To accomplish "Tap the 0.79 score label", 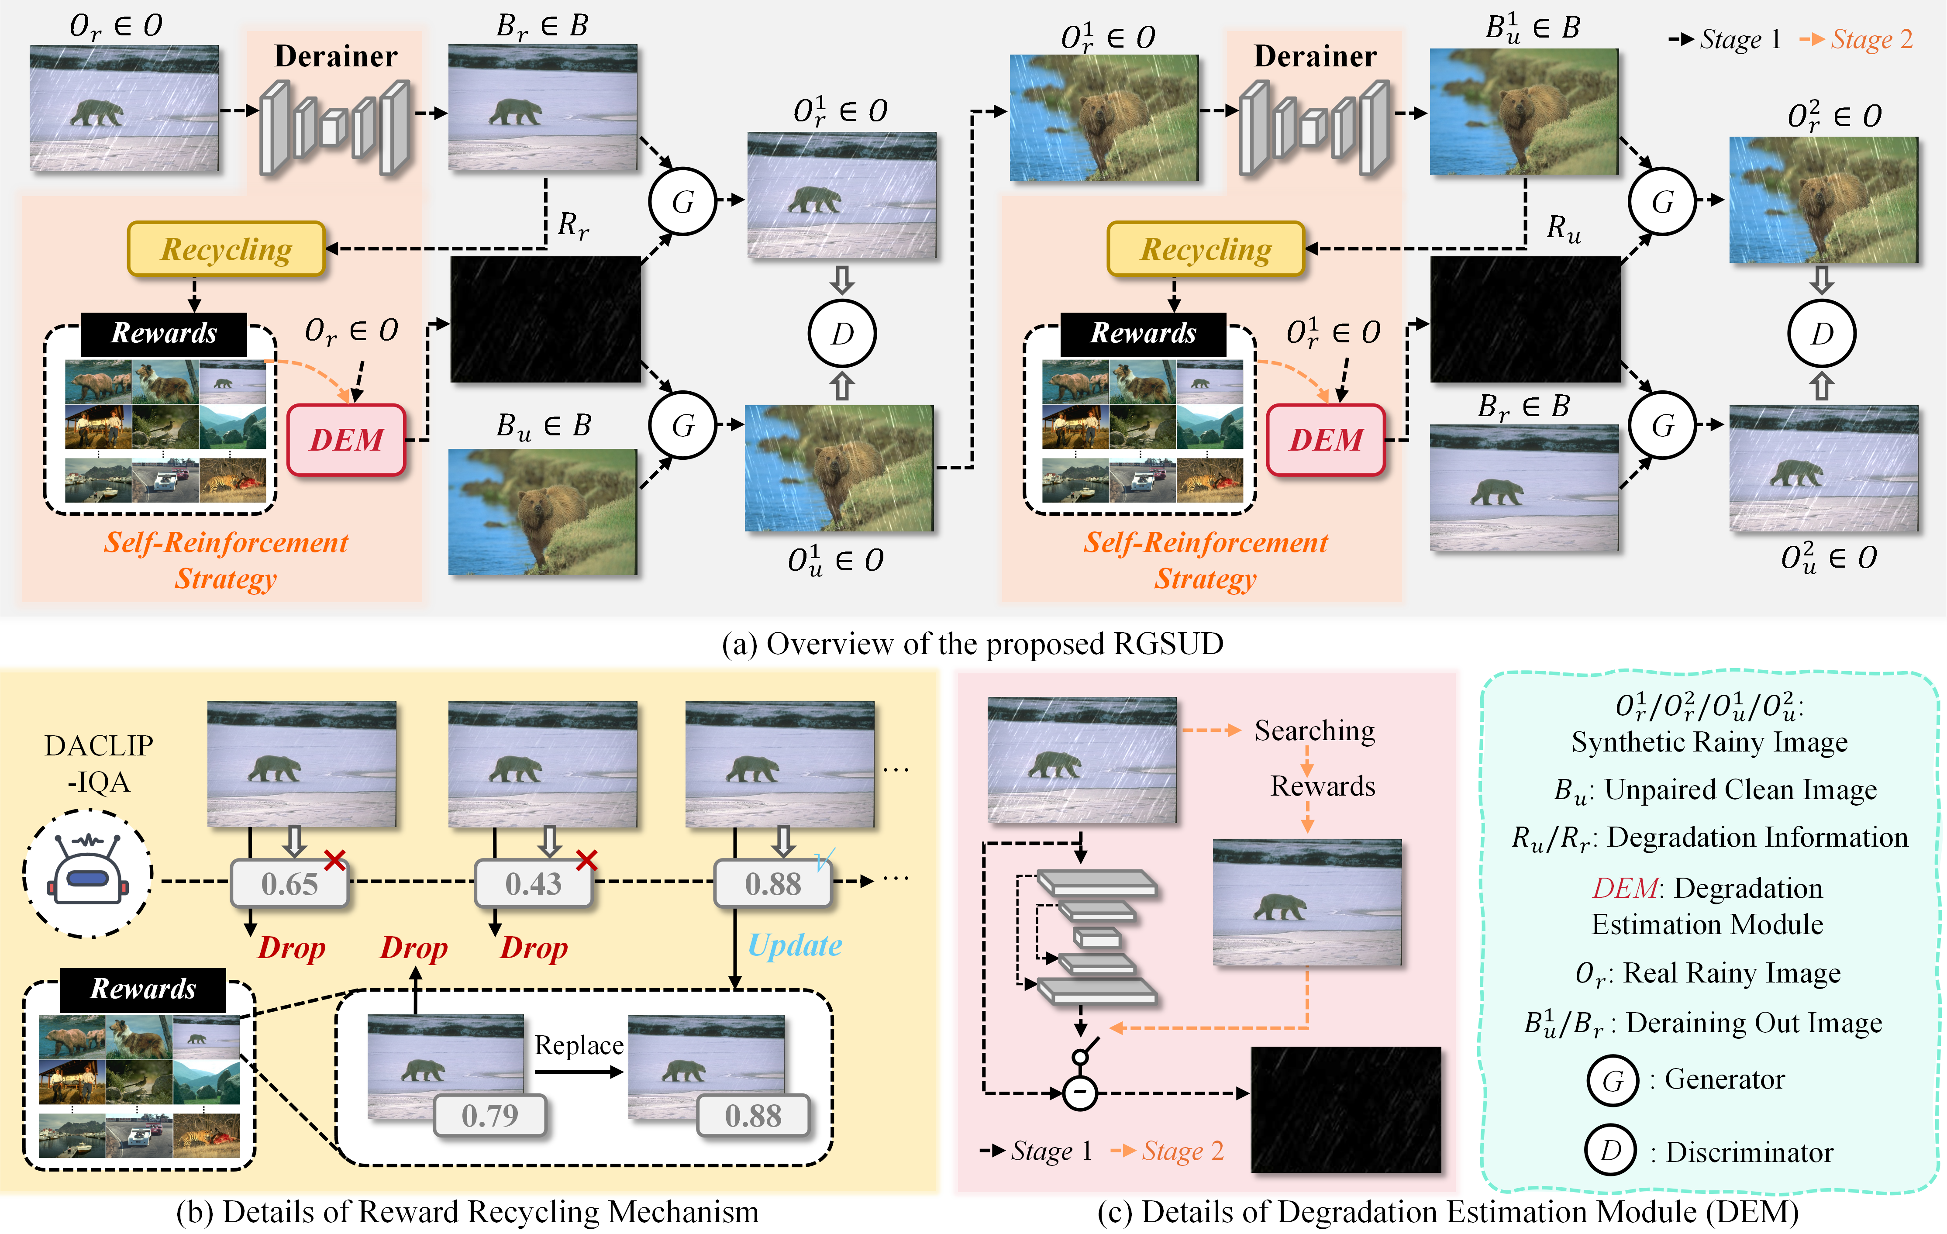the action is (x=489, y=1116).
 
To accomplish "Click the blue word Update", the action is (x=795, y=944).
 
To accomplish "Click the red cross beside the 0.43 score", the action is (x=586, y=860).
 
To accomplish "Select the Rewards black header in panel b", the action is (x=143, y=988).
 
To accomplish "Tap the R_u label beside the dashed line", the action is (x=1564, y=229).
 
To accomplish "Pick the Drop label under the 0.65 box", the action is (x=291, y=947).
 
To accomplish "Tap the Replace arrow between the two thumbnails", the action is (x=579, y=1072).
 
